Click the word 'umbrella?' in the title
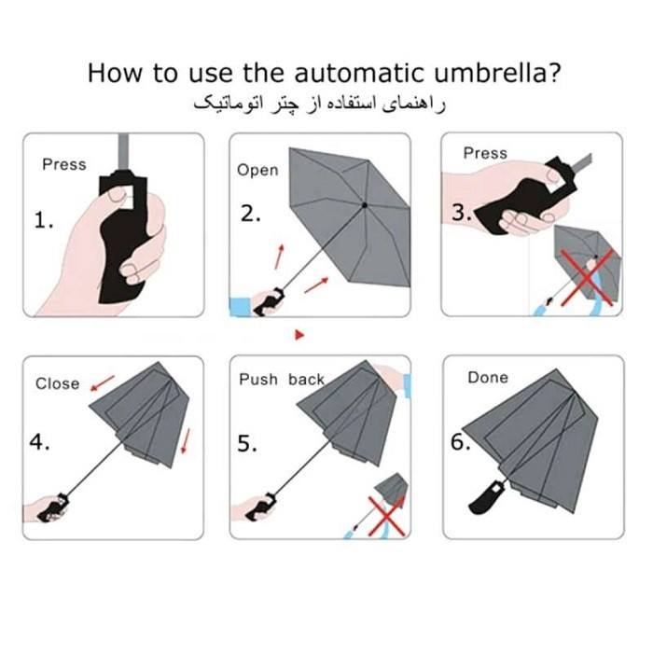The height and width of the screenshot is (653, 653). [497, 73]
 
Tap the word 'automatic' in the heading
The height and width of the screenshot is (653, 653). [359, 73]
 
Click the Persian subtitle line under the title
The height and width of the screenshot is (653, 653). [319, 104]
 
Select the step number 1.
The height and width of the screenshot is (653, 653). [44, 220]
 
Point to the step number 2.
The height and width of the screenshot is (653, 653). [251, 214]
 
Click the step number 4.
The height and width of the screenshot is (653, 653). [39, 442]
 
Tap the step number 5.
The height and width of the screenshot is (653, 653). [247, 443]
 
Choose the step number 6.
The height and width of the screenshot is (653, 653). [461, 442]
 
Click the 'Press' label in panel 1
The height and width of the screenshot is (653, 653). [64, 164]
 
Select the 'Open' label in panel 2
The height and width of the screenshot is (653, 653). [257, 171]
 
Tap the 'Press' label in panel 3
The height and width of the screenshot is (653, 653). [485, 153]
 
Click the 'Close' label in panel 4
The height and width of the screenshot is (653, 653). [58, 383]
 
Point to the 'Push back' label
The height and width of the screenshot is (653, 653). [282, 380]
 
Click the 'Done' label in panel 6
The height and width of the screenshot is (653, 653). [488, 378]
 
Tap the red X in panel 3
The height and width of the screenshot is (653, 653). [587, 277]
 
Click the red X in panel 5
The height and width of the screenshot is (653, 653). [386, 516]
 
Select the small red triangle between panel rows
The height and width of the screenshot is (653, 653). [299, 334]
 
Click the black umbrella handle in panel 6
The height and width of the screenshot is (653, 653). [486, 497]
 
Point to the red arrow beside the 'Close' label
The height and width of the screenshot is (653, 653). [103, 383]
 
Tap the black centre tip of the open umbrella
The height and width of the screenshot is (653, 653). [365, 205]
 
